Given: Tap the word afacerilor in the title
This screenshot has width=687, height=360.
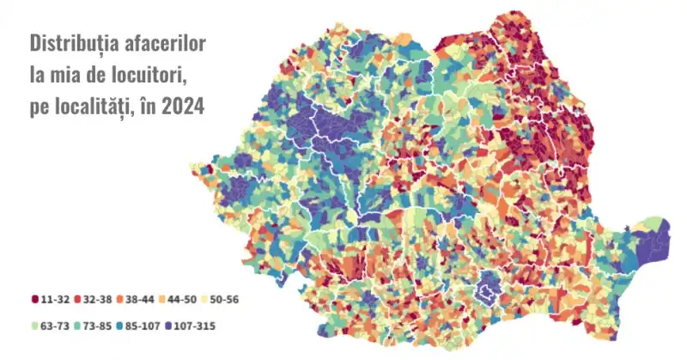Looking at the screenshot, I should pos(168,42).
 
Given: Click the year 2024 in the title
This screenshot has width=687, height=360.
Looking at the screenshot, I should pos(185,109).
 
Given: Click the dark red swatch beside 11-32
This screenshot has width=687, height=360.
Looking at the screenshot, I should pos(35,299).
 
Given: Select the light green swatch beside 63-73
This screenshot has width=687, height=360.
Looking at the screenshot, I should pos(35,327).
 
